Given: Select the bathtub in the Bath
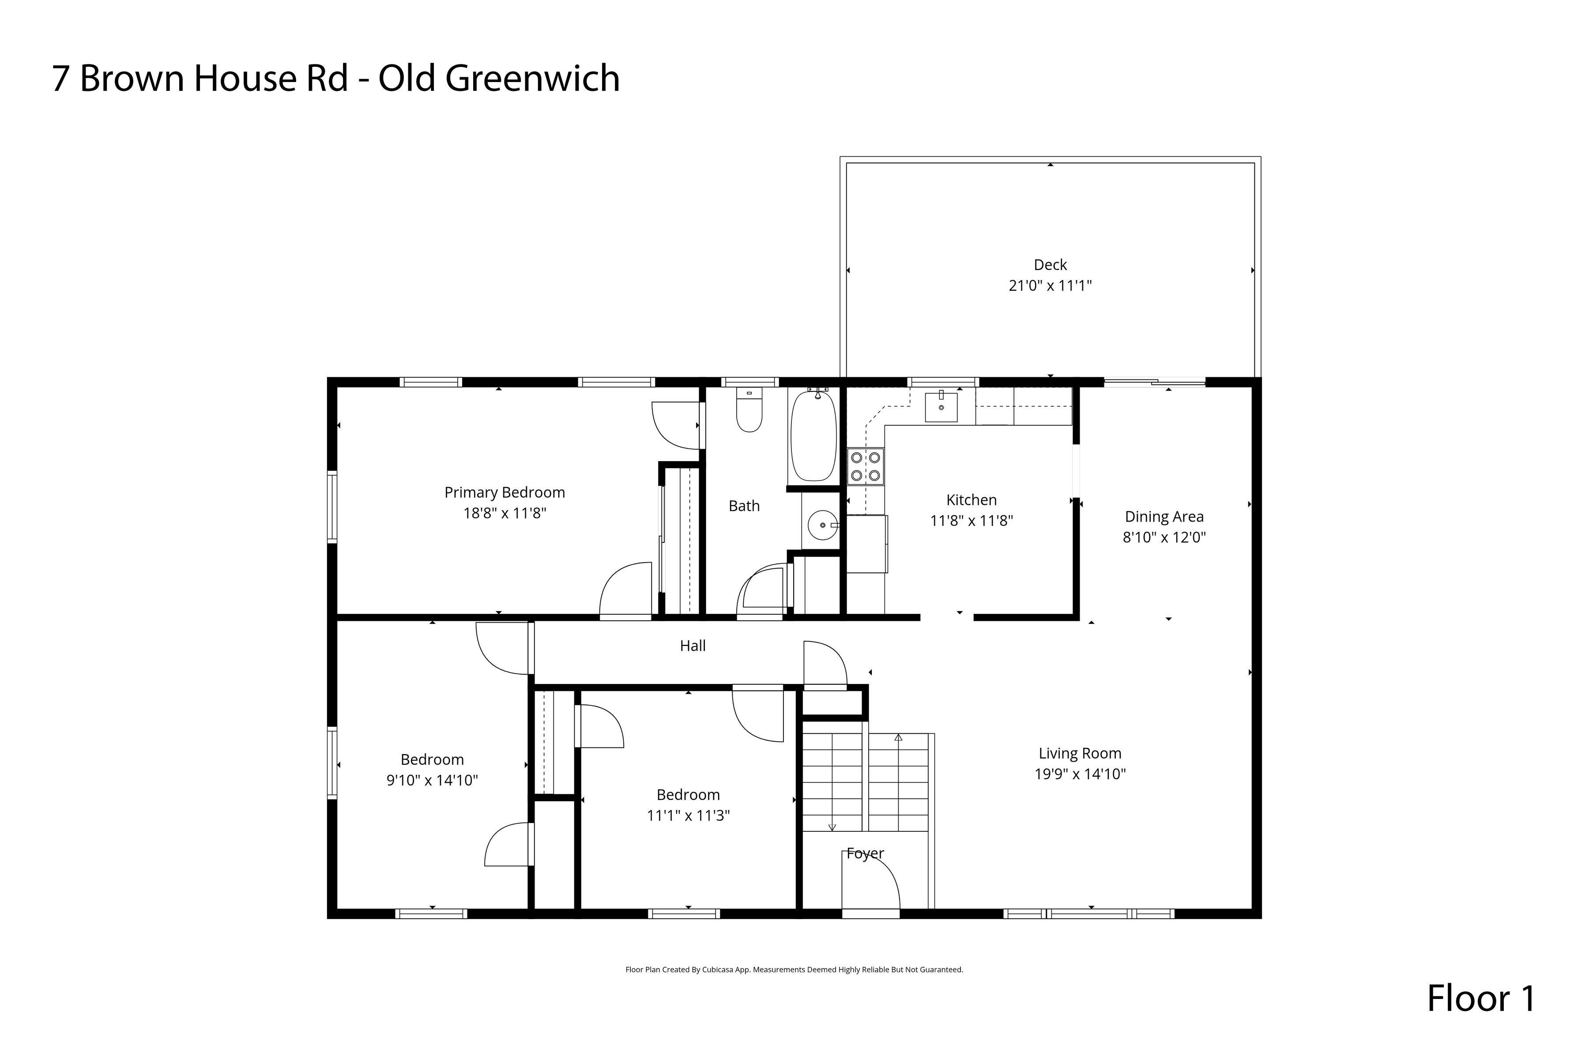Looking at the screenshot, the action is (813, 435).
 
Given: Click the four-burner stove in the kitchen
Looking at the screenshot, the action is (866, 467).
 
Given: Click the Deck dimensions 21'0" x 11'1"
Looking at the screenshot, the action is (1050, 285).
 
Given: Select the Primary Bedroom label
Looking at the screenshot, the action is (505, 492).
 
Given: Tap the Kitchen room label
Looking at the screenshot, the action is (971, 500).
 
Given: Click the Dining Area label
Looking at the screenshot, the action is (1164, 517).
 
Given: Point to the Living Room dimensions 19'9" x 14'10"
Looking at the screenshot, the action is (1080, 774).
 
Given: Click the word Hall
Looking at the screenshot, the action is (693, 646).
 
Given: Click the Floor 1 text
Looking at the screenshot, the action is (1481, 998).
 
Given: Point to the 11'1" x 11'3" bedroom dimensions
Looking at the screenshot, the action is (689, 815).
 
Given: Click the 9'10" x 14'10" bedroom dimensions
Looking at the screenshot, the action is (433, 780).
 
